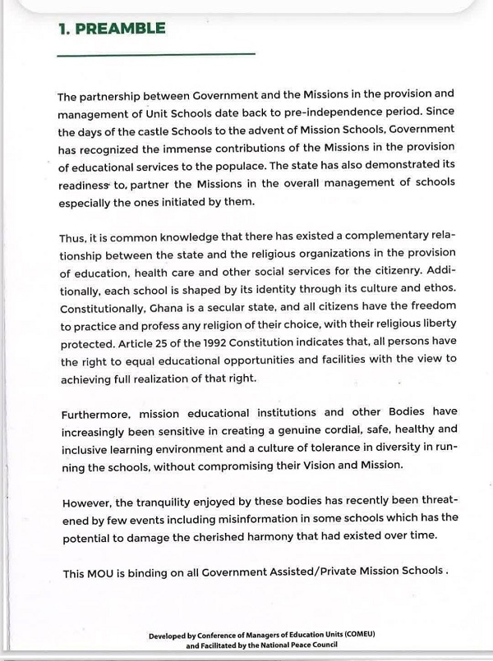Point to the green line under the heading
(156, 55)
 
